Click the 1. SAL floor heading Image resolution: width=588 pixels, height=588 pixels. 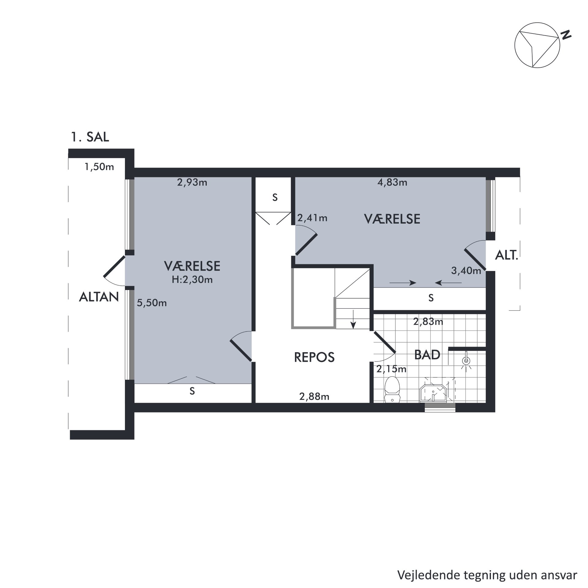tap(90, 137)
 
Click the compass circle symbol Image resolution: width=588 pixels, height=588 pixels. tap(537, 45)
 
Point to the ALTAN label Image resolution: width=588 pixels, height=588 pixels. tap(99, 297)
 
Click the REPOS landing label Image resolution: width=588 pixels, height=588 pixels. tap(314, 357)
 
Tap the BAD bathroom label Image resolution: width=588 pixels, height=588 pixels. tap(427, 355)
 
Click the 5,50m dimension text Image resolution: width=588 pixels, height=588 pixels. tap(152, 303)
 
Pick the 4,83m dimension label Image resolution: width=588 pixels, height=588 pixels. tap(392, 183)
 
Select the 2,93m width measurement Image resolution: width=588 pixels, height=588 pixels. tap(192, 183)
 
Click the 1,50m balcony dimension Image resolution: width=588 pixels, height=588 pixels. tap(99, 167)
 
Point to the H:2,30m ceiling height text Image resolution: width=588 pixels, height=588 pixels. tap(192, 280)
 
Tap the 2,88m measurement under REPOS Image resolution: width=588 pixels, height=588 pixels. tap(314, 397)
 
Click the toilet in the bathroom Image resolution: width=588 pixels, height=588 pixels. tap(392, 389)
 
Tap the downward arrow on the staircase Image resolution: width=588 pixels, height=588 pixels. tap(354, 319)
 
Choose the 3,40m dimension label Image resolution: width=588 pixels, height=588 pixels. tap(466, 271)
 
